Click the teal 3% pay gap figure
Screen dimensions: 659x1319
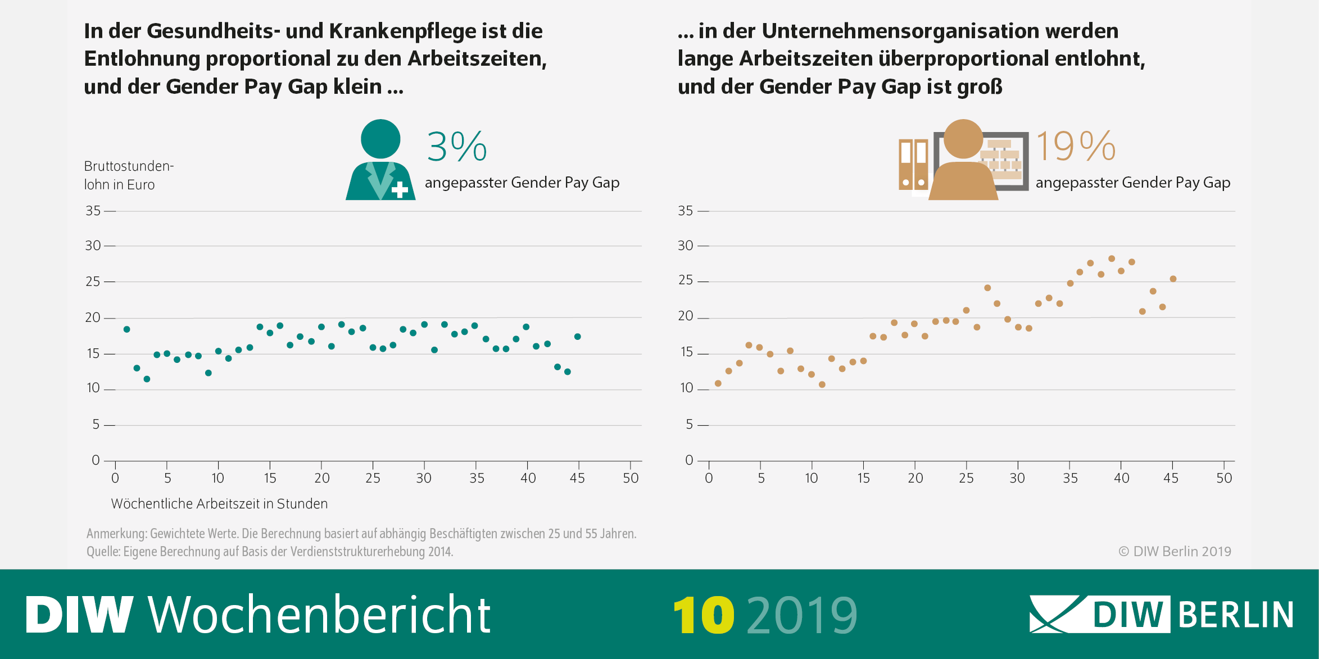tap(456, 147)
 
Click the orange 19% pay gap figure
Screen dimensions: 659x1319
tap(1075, 147)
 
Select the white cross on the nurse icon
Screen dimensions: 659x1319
tap(400, 190)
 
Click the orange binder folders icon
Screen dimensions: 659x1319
tap(913, 164)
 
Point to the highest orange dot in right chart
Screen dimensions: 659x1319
tap(1111, 259)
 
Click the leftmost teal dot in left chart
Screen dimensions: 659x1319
tap(126, 329)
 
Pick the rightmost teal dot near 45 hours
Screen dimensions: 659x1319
tap(577, 337)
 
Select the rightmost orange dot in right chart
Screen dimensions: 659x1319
tap(1173, 279)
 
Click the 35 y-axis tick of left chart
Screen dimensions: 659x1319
tap(93, 211)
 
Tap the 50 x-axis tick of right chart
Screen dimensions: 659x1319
tap(1224, 478)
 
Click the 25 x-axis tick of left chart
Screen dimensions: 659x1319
tap(373, 478)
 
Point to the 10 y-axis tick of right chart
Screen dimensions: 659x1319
tap(686, 388)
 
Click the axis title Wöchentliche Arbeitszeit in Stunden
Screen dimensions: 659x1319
tap(219, 503)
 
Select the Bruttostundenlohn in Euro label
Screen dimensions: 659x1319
tap(128, 175)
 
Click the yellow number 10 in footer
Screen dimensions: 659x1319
tap(703, 615)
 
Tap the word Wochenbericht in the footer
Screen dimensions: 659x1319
tap(319, 615)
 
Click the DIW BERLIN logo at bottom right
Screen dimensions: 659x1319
tap(1161, 614)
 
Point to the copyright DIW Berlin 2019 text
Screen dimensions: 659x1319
tap(1175, 551)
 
